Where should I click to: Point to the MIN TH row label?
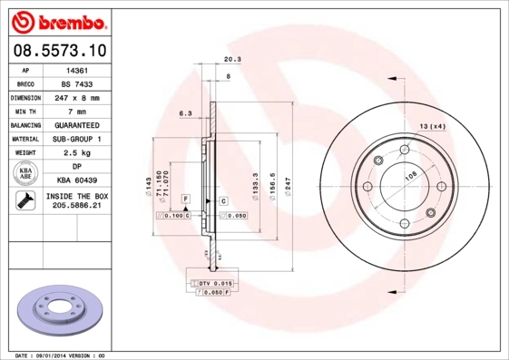25,111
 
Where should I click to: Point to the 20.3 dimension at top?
231,60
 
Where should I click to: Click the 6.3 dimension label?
185,113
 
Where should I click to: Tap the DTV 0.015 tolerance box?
211,285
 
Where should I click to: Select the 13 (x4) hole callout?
432,126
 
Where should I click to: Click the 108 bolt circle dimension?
409,178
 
